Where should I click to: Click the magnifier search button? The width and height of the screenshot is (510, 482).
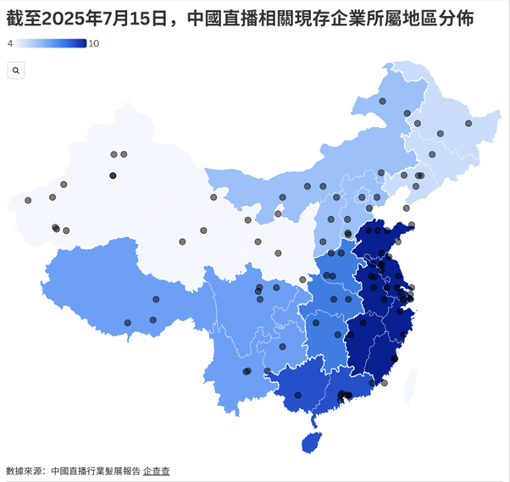point(15,71)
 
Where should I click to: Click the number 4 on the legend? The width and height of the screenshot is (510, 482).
point(9,43)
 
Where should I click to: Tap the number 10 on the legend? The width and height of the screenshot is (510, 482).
point(93,43)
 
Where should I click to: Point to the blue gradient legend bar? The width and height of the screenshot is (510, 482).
point(50,43)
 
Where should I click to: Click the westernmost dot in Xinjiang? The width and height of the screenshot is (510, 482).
point(28,201)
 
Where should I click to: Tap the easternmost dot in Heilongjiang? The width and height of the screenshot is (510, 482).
point(468,124)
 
